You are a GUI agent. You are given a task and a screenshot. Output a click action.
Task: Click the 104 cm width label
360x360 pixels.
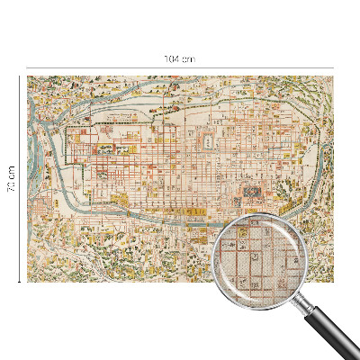[180, 58]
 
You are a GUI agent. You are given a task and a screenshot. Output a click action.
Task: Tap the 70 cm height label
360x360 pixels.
[12, 178]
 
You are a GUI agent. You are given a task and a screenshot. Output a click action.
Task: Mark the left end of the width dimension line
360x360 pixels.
[27, 67]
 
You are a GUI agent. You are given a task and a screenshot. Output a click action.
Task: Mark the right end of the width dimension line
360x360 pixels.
[333, 67]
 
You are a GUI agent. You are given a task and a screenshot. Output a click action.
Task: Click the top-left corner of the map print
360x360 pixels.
[28, 76]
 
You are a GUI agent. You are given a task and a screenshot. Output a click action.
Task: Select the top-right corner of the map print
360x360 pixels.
[332, 76]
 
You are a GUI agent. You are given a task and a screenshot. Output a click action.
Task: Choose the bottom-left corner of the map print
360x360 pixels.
[28, 281]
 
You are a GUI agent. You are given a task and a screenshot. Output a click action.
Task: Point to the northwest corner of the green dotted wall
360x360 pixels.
[67, 129]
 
